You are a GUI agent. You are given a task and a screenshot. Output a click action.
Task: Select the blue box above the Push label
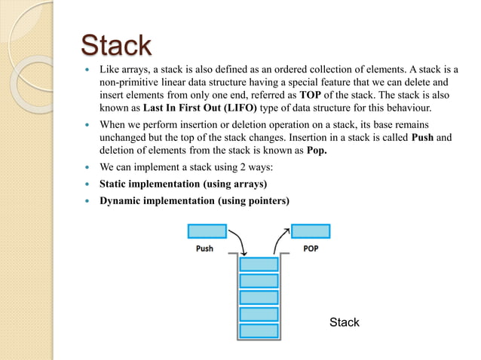(207, 230)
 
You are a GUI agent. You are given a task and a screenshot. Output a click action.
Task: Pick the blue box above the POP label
(310, 230)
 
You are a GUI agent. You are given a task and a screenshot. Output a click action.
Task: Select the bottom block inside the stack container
(259, 328)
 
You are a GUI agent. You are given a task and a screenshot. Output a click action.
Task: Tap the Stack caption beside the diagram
(345, 322)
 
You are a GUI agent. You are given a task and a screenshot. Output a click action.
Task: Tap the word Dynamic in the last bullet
(123, 201)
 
